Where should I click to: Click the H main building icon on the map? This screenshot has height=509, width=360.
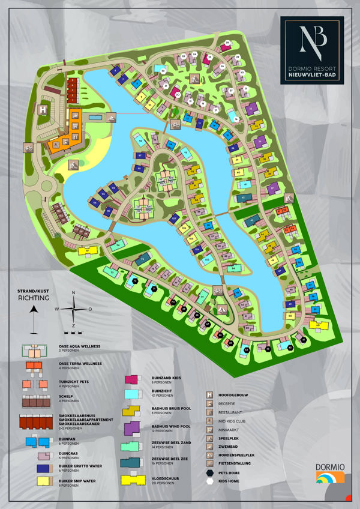click(x=43, y=110)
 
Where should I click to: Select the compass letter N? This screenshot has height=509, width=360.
click(x=73, y=293)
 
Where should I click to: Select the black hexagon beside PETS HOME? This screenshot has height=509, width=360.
click(x=209, y=472)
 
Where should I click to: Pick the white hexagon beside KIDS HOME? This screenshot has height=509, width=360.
click(x=209, y=481)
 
